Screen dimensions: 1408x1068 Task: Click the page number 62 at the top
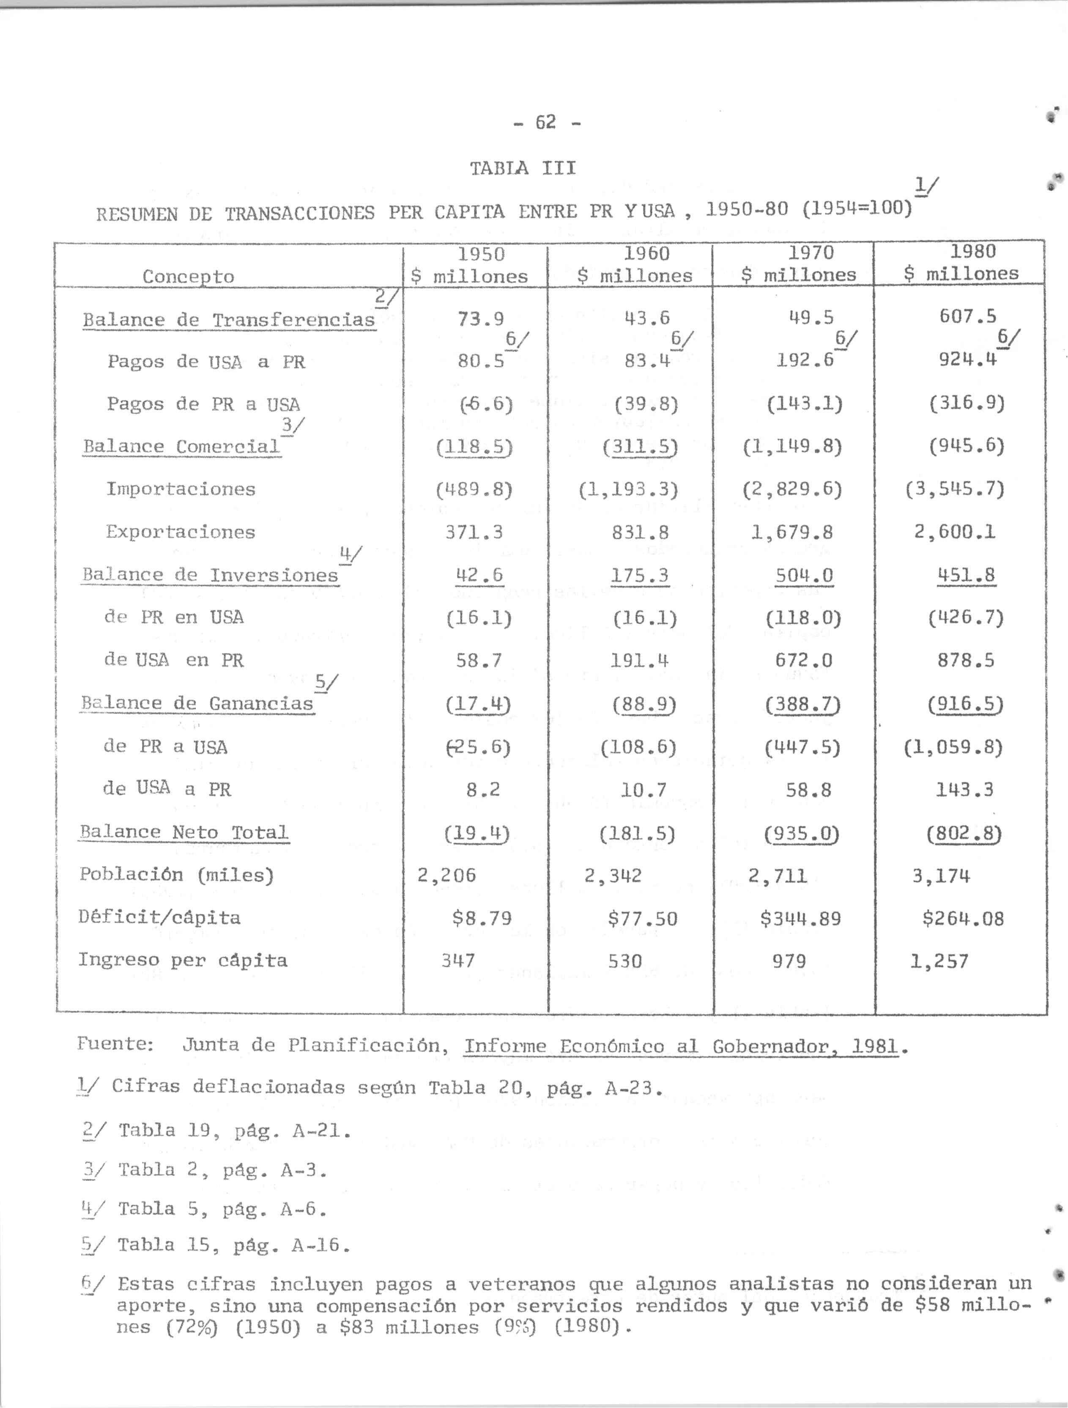tap(546, 121)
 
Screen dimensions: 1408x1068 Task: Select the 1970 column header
tap(799, 263)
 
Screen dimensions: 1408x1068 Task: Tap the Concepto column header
tap(189, 276)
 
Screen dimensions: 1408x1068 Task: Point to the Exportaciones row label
tap(181, 532)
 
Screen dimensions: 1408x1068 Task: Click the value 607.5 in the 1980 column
tap(967, 316)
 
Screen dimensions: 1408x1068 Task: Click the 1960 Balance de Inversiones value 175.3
tap(640, 575)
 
